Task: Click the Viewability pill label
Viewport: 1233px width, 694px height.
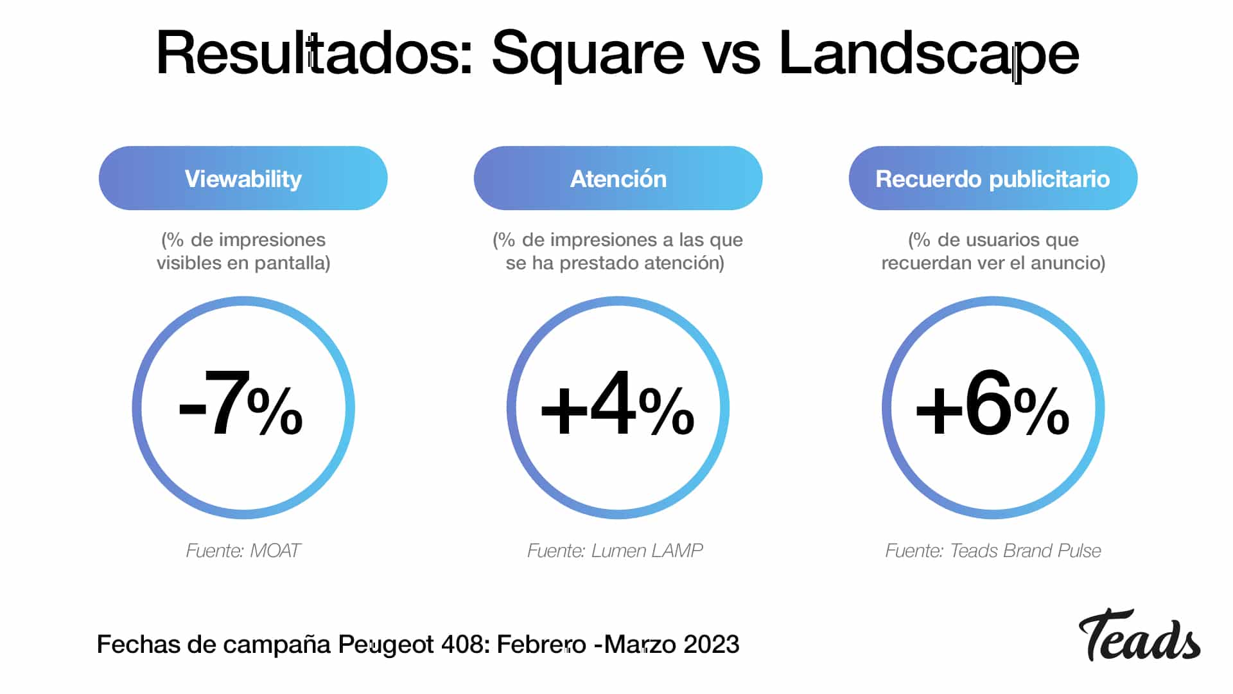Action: [x=243, y=179]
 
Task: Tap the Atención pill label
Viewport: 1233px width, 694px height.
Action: [x=618, y=179]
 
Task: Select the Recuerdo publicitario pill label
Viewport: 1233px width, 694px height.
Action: [x=993, y=179]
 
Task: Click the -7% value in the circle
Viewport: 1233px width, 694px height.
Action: [x=241, y=405]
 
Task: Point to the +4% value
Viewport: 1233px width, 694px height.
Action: [x=618, y=405]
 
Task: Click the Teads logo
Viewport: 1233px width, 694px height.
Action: [x=1139, y=636]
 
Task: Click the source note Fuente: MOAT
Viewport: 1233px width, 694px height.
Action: [x=243, y=551]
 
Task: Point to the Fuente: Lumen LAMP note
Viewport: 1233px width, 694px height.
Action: [x=615, y=551]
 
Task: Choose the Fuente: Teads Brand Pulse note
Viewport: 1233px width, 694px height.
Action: [x=993, y=551]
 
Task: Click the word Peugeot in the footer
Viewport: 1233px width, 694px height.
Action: [x=387, y=645]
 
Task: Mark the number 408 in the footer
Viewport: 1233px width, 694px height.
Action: [x=466, y=645]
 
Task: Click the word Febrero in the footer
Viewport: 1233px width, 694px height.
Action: [x=541, y=645]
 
